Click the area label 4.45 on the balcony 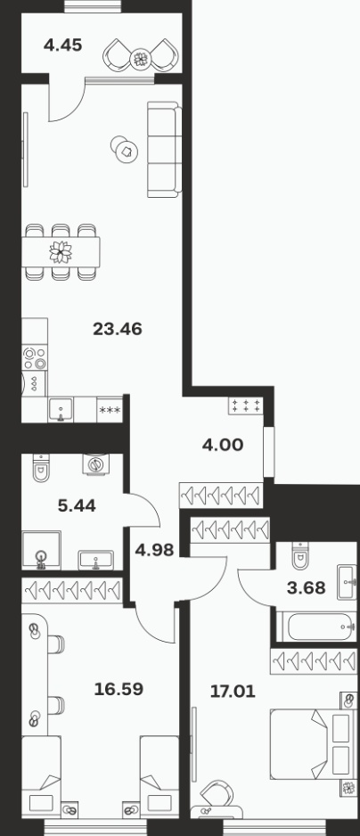click(63, 45)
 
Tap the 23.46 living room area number click(118, 329)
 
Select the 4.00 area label click(223, 444)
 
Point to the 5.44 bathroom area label click(77, 505)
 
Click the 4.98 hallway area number click(154, 550)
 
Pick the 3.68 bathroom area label click(307, 587)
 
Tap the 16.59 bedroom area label click(119, 689)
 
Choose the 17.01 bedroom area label click(233, 692)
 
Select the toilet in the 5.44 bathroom click(42, 468)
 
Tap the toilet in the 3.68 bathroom click(301, 555)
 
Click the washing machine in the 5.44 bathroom click(96, 463)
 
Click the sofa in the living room click(164, 150)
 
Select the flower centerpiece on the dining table click(61, 251)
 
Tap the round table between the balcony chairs click(141, 59)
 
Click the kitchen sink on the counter click(61, 410)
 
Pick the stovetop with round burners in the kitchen click(35, 357)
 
